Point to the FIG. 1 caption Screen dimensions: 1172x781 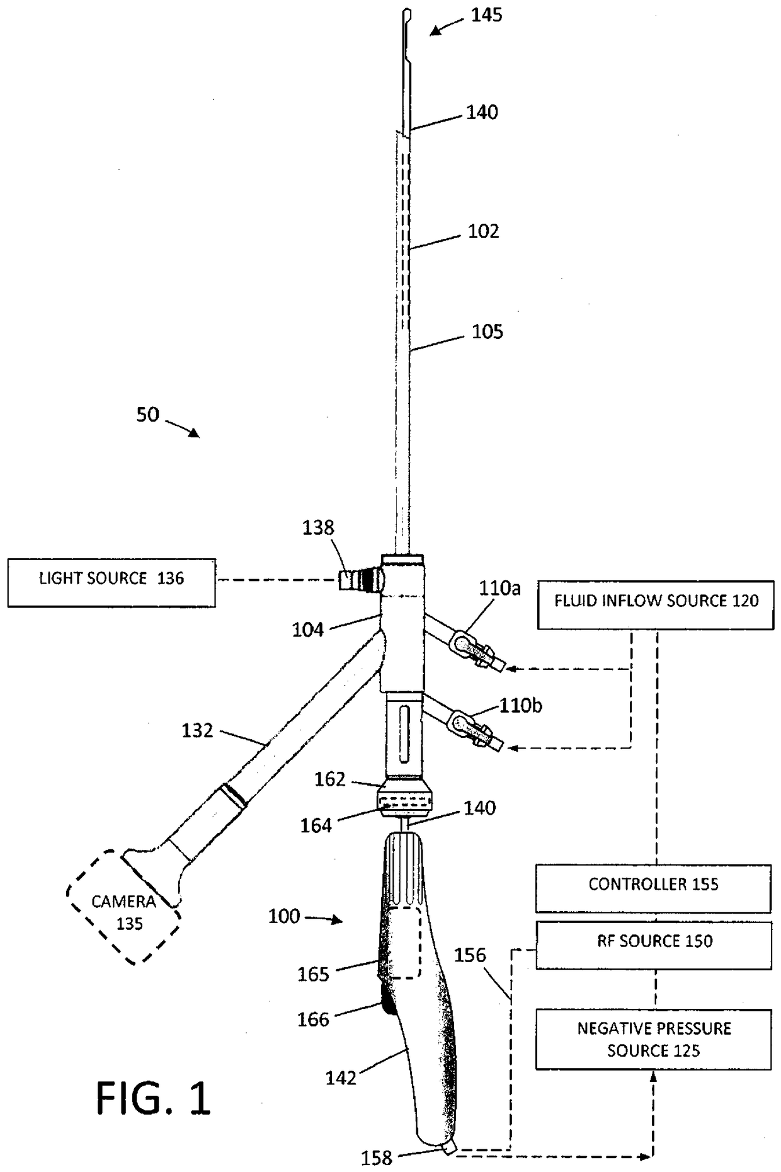click(x=153, y=1098)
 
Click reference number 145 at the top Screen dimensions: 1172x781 click(x=486, y=15)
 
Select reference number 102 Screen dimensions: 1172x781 click(x=483, y=231)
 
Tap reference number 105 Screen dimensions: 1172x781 click(x=487, y=331)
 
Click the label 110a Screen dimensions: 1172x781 click(x=499, y=589)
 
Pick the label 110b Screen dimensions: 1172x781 click(x=520, y=705)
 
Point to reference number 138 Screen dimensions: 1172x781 click(x=318, y=527)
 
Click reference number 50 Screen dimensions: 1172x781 click(x=148, y=415)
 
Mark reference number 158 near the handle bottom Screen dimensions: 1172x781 click(x=377, y=1158)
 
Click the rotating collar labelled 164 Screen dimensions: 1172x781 click(x=404, y=803)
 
